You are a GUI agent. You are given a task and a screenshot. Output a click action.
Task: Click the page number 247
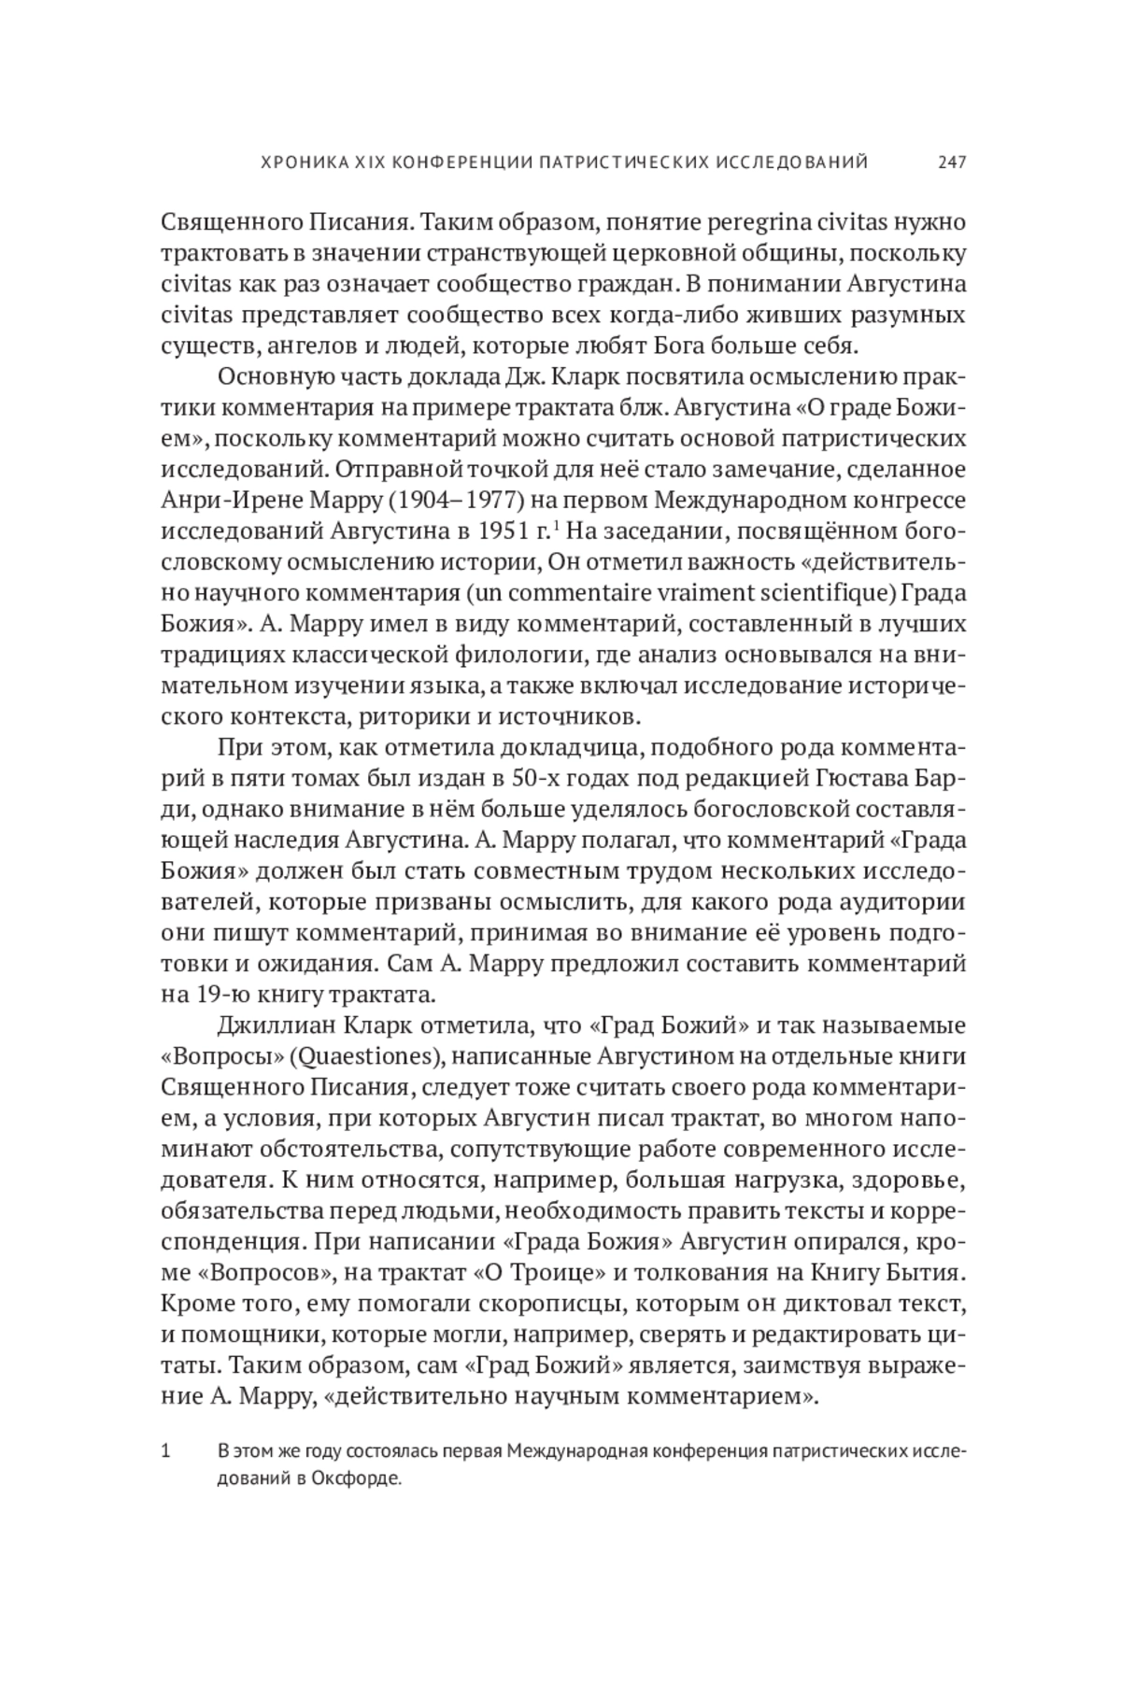pyautogui.click(x=952, y=163)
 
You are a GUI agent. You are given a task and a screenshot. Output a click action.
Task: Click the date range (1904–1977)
pyautogui.click(x=449, y=500)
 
